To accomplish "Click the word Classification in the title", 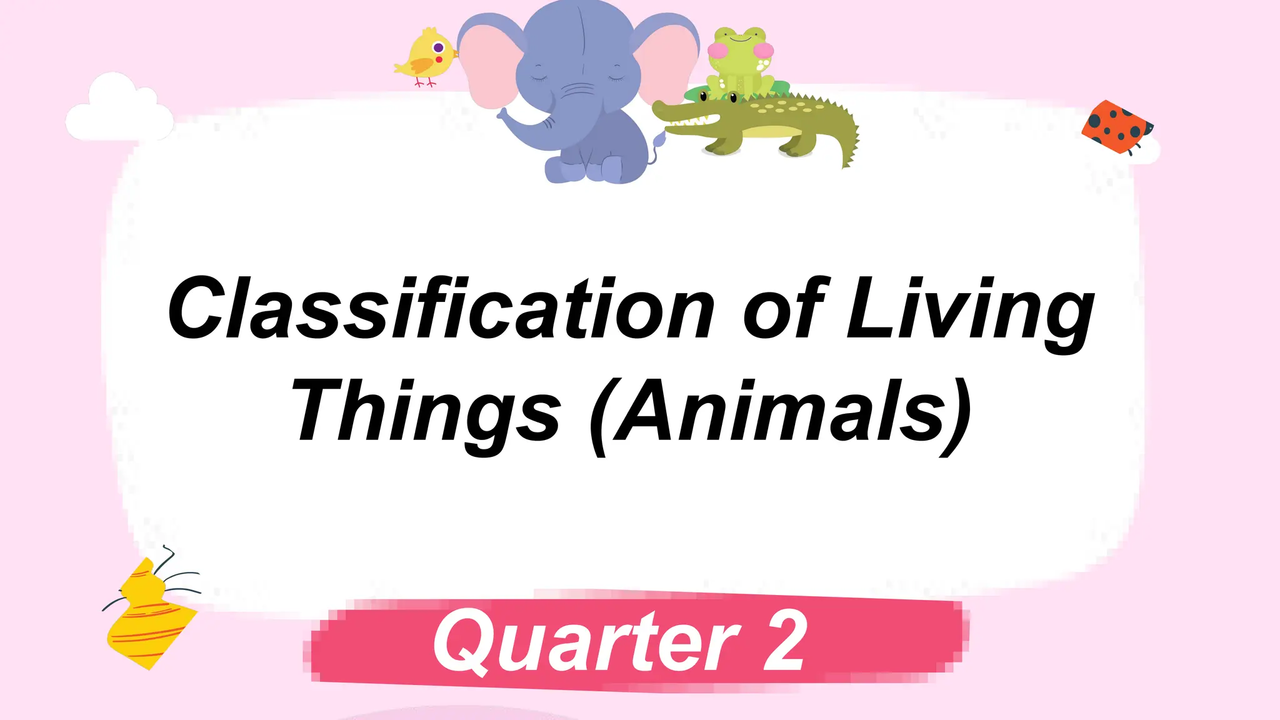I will tap(440, 309).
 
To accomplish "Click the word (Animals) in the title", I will tap(781, 412).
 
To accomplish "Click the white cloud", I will tap(119, 110).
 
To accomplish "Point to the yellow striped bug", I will tap(150, 616).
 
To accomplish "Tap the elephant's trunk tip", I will tap(502, 114).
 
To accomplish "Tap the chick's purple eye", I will tap(439, 47).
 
